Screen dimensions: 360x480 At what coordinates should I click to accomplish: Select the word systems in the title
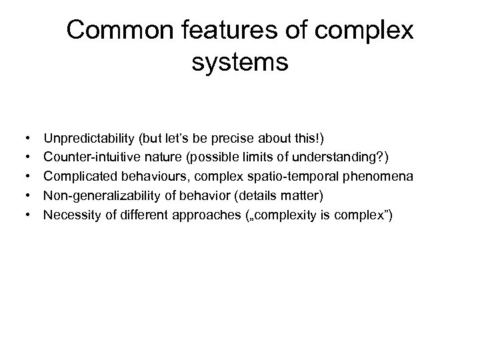[x=239, y=63]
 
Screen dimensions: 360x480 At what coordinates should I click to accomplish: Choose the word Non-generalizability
[x=98, y=196]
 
